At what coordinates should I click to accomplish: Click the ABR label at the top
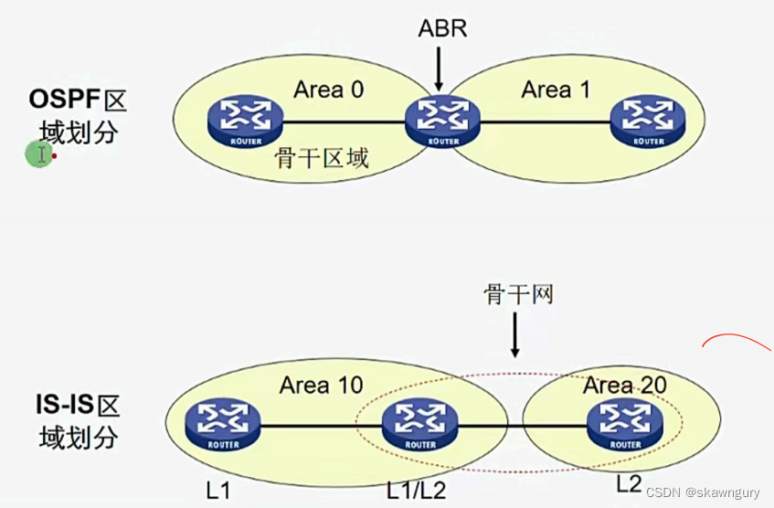442,28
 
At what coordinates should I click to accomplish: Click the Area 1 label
557,90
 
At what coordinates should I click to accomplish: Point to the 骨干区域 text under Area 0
322,158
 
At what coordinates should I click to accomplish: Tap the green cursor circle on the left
38,154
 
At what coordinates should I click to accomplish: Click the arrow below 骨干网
515,335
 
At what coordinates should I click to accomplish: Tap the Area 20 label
624,385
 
